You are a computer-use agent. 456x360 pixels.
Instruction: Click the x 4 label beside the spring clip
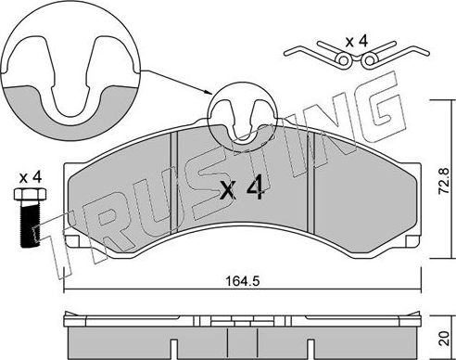356,40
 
